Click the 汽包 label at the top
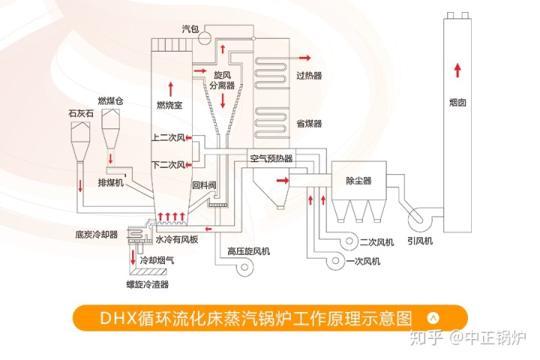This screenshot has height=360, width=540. click(x=190, y=28)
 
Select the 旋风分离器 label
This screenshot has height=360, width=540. click(x=223, y=81)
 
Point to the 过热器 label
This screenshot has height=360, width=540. click(x=309, y=76)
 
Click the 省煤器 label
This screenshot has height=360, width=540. click(x=309, y=123)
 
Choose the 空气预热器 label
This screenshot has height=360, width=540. click(x=271, y=158)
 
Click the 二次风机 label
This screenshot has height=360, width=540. click(x=376, y=242)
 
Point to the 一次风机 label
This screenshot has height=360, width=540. click(x=364, y=262)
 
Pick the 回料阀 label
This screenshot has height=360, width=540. click(x=204, y=184)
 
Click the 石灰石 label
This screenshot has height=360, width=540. click(x=81, y=113)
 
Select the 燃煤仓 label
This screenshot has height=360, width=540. click(x=109, y=100)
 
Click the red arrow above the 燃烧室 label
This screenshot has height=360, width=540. click(x=169, y=85)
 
